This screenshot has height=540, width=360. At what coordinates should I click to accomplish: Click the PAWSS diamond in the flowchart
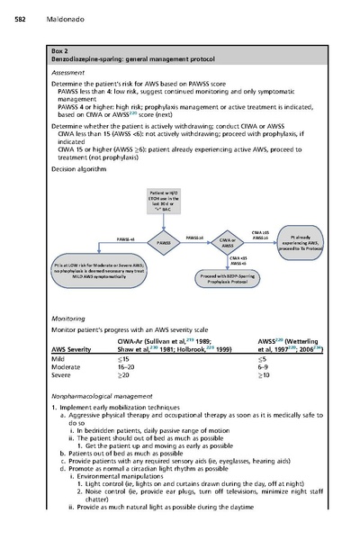point(164,242)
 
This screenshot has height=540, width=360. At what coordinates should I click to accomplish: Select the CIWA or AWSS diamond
point(228,241)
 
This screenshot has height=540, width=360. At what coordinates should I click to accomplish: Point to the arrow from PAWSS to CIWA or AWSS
point(195,242)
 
